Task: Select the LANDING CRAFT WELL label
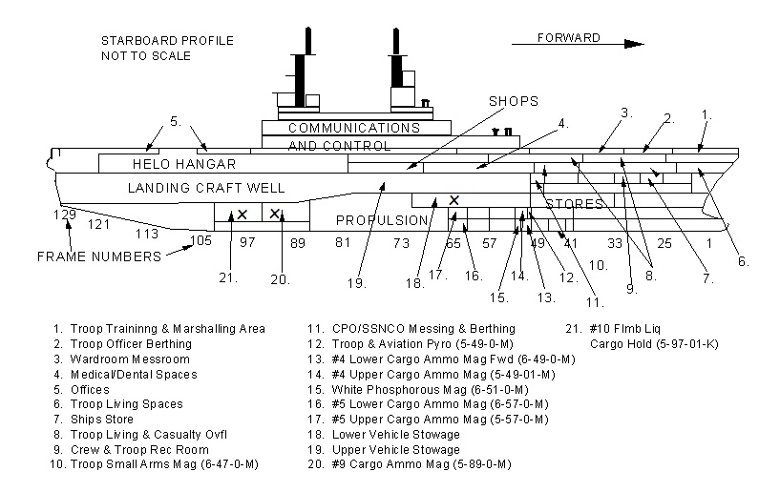[x=206, y=188]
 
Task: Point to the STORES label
[x=575, y=204]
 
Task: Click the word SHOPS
[x=514, y=101]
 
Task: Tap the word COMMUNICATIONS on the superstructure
[x=354, y=128]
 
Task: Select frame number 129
[x=64, y=215]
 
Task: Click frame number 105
[x=200, y=239]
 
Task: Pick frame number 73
[x=401, y=243]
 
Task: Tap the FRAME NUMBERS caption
[x=99, y=257]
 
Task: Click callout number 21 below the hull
[x=226, y=278]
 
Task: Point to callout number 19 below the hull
[x=357, y=282]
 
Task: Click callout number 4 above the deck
[x=563, y=122]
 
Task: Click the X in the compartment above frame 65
[x=454, y=200]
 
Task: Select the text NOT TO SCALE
[x=146, y=56]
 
